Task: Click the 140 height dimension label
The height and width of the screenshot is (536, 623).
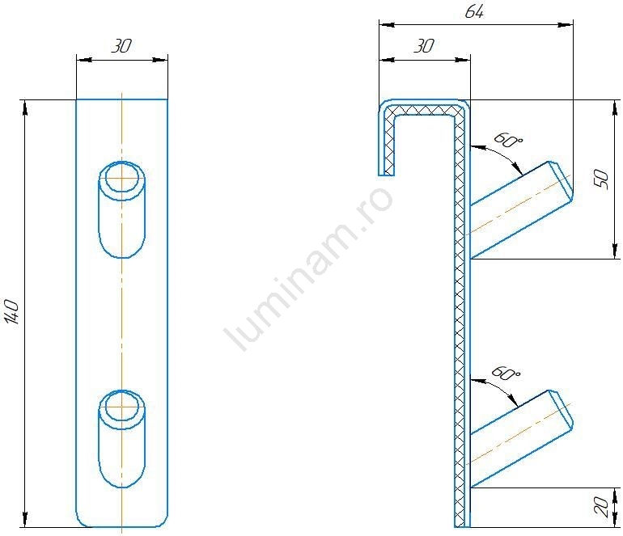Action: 13,312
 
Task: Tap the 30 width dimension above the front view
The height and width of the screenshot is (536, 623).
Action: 121,46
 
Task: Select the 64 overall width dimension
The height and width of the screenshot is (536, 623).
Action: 474,12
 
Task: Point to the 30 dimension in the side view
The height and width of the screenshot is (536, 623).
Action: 424,46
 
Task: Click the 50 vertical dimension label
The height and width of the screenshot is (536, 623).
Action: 602,179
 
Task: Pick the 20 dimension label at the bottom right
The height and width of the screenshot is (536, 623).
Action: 602,507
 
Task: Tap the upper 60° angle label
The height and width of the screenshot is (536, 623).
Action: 508,140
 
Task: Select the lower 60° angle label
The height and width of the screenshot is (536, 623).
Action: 506,373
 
